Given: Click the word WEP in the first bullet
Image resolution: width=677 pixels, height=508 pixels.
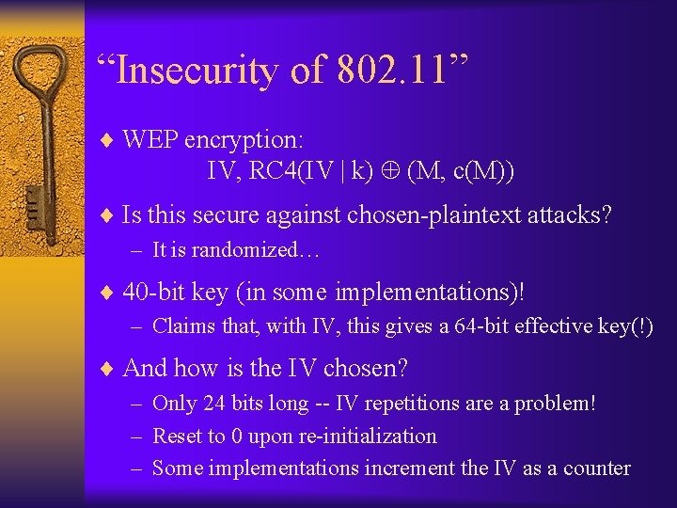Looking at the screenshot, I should pos(150,140).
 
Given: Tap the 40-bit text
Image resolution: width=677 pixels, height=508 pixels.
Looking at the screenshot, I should pos(153,292).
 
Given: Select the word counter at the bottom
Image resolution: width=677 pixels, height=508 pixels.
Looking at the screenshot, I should pos(596,468).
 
